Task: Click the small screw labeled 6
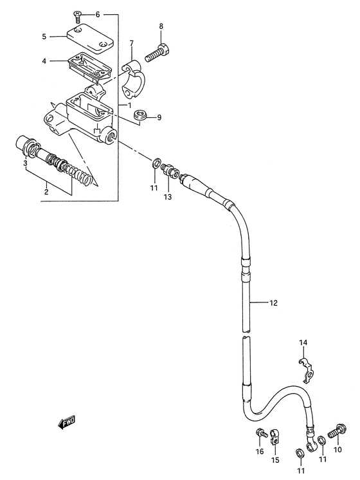pos(77,16)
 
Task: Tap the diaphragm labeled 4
pos(89,66)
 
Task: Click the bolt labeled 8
pos(158,52)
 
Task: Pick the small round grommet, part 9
pos(141,115)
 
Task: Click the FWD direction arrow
pos(66,423)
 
